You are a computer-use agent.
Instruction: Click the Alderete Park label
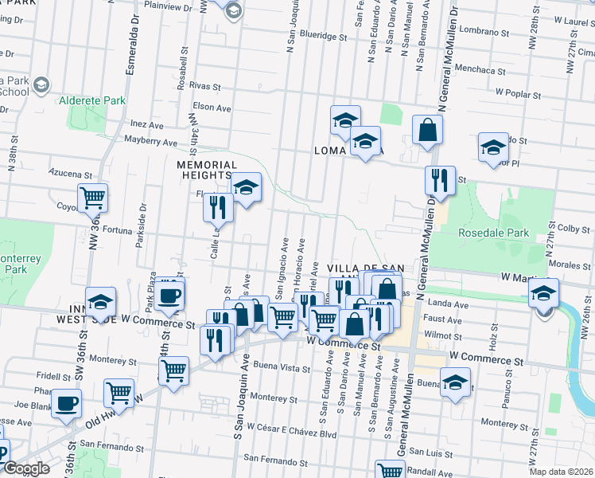[92, 102]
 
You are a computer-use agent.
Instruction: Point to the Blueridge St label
[325, 37]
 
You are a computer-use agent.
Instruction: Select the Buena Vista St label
[284, 368]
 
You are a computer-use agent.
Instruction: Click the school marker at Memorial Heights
[247, 187]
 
